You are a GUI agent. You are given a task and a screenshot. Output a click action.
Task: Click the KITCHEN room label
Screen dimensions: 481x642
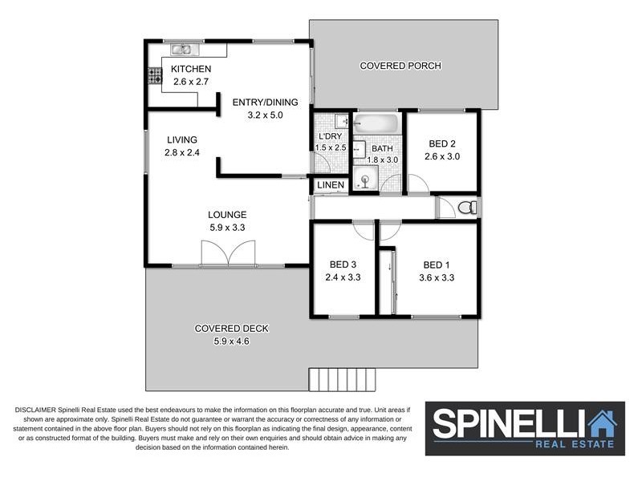coord(191,69)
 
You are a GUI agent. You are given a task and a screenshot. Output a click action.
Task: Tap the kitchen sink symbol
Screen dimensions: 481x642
coord(181,50)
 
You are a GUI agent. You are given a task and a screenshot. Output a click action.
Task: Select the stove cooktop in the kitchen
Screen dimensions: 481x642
coord(155,76)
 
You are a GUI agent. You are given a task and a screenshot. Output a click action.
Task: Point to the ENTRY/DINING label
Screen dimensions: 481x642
coord(265,102)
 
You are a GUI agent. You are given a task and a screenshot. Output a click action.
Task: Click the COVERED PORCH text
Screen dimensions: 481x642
coord(400,66)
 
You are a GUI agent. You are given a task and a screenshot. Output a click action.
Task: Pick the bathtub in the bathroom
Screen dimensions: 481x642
coord(377,125)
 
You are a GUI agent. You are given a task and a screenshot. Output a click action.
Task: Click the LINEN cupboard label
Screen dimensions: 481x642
coord(331,185)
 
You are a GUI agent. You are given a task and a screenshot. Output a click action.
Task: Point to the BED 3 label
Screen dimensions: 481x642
coord(343,265)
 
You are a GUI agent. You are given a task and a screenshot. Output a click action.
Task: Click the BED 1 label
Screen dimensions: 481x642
coord(437,265)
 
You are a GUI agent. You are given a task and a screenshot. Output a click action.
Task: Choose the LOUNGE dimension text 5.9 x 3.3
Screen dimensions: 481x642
coord(227,228)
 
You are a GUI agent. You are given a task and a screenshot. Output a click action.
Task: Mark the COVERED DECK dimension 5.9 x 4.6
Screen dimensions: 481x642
coord(231,341)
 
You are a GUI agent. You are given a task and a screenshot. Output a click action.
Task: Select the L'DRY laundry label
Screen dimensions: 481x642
coord(330,136)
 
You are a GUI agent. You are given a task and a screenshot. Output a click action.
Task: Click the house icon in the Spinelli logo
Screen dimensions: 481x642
coord(601,423)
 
